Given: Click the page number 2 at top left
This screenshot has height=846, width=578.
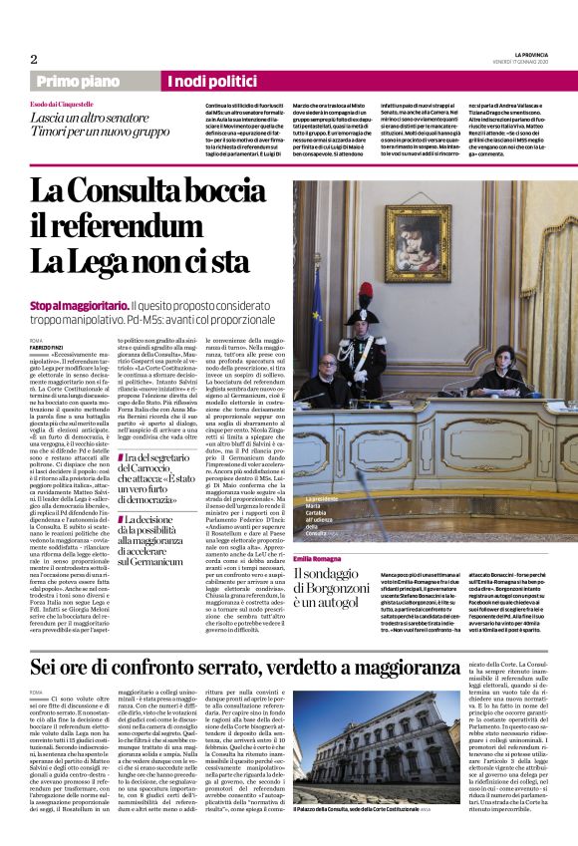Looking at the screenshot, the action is (34, 59).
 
